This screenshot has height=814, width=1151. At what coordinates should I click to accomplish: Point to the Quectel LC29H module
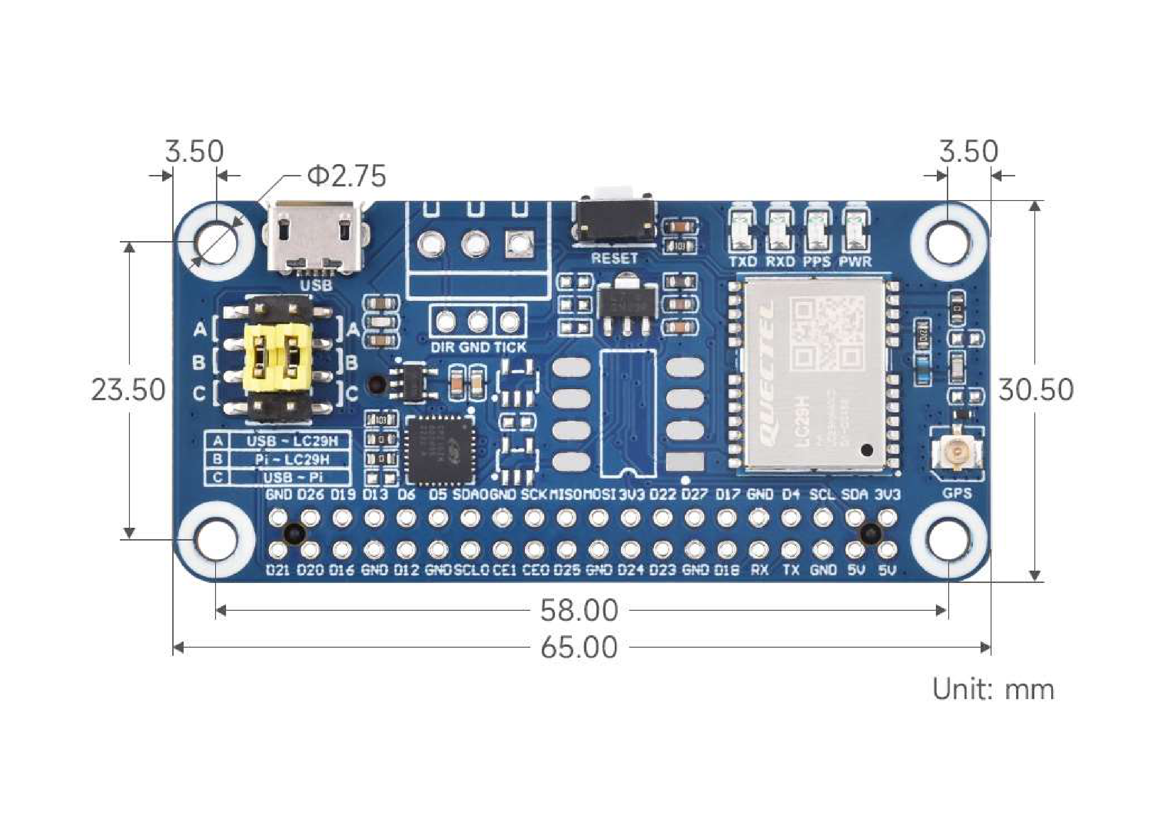814,374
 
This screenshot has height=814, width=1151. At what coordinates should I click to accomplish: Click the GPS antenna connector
956,454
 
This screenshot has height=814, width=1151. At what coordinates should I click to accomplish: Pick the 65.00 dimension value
579,648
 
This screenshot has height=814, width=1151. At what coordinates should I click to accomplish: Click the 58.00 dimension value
579,611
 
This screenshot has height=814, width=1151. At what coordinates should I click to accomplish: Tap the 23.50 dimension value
128,390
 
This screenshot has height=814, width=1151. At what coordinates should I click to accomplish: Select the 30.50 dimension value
1036,390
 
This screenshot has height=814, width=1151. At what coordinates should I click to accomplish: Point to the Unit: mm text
993,690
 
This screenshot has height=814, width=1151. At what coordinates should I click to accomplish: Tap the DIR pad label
442,347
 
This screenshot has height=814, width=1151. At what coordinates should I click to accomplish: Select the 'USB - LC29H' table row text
292,441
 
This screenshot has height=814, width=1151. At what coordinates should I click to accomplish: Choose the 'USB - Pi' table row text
292,477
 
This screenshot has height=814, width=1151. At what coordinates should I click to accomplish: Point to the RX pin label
759,570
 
